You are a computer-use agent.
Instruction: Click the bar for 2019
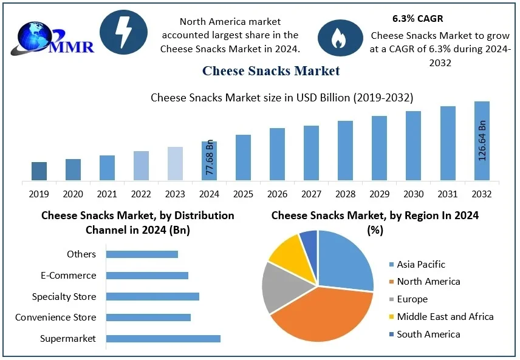[x=39, y=171]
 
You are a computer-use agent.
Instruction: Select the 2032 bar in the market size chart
[x=482, y=141]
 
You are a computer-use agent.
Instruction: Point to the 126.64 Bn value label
[x=482, y=140]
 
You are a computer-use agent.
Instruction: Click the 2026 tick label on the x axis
[x=278, y=194]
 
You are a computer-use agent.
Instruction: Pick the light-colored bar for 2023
[x=175, y=164]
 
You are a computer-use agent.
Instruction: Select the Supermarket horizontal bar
[x=163, y=338]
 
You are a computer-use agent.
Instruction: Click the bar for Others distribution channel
[x=142, y=254]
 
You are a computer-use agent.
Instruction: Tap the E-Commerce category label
[x=69, y=275]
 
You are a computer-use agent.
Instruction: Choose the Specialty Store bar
[x=152, y=296]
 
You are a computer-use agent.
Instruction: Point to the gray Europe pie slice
[x=280, y=287]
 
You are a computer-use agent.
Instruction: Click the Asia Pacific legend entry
[x=420, y=265]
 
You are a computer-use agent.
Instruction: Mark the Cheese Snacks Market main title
[x=271, y=70]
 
